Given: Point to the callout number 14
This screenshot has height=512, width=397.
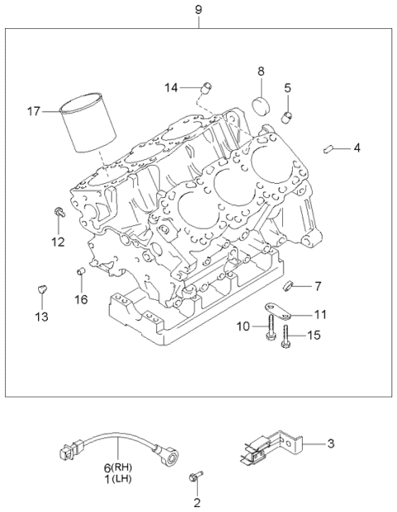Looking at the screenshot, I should (171, 87).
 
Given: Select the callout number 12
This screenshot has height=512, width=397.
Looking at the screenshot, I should (56, 242).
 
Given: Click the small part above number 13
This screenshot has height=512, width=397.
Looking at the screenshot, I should (41, 288).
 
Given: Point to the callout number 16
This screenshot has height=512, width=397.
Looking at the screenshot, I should (81, 299).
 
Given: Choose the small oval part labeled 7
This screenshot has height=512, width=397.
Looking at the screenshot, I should (289, 287).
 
